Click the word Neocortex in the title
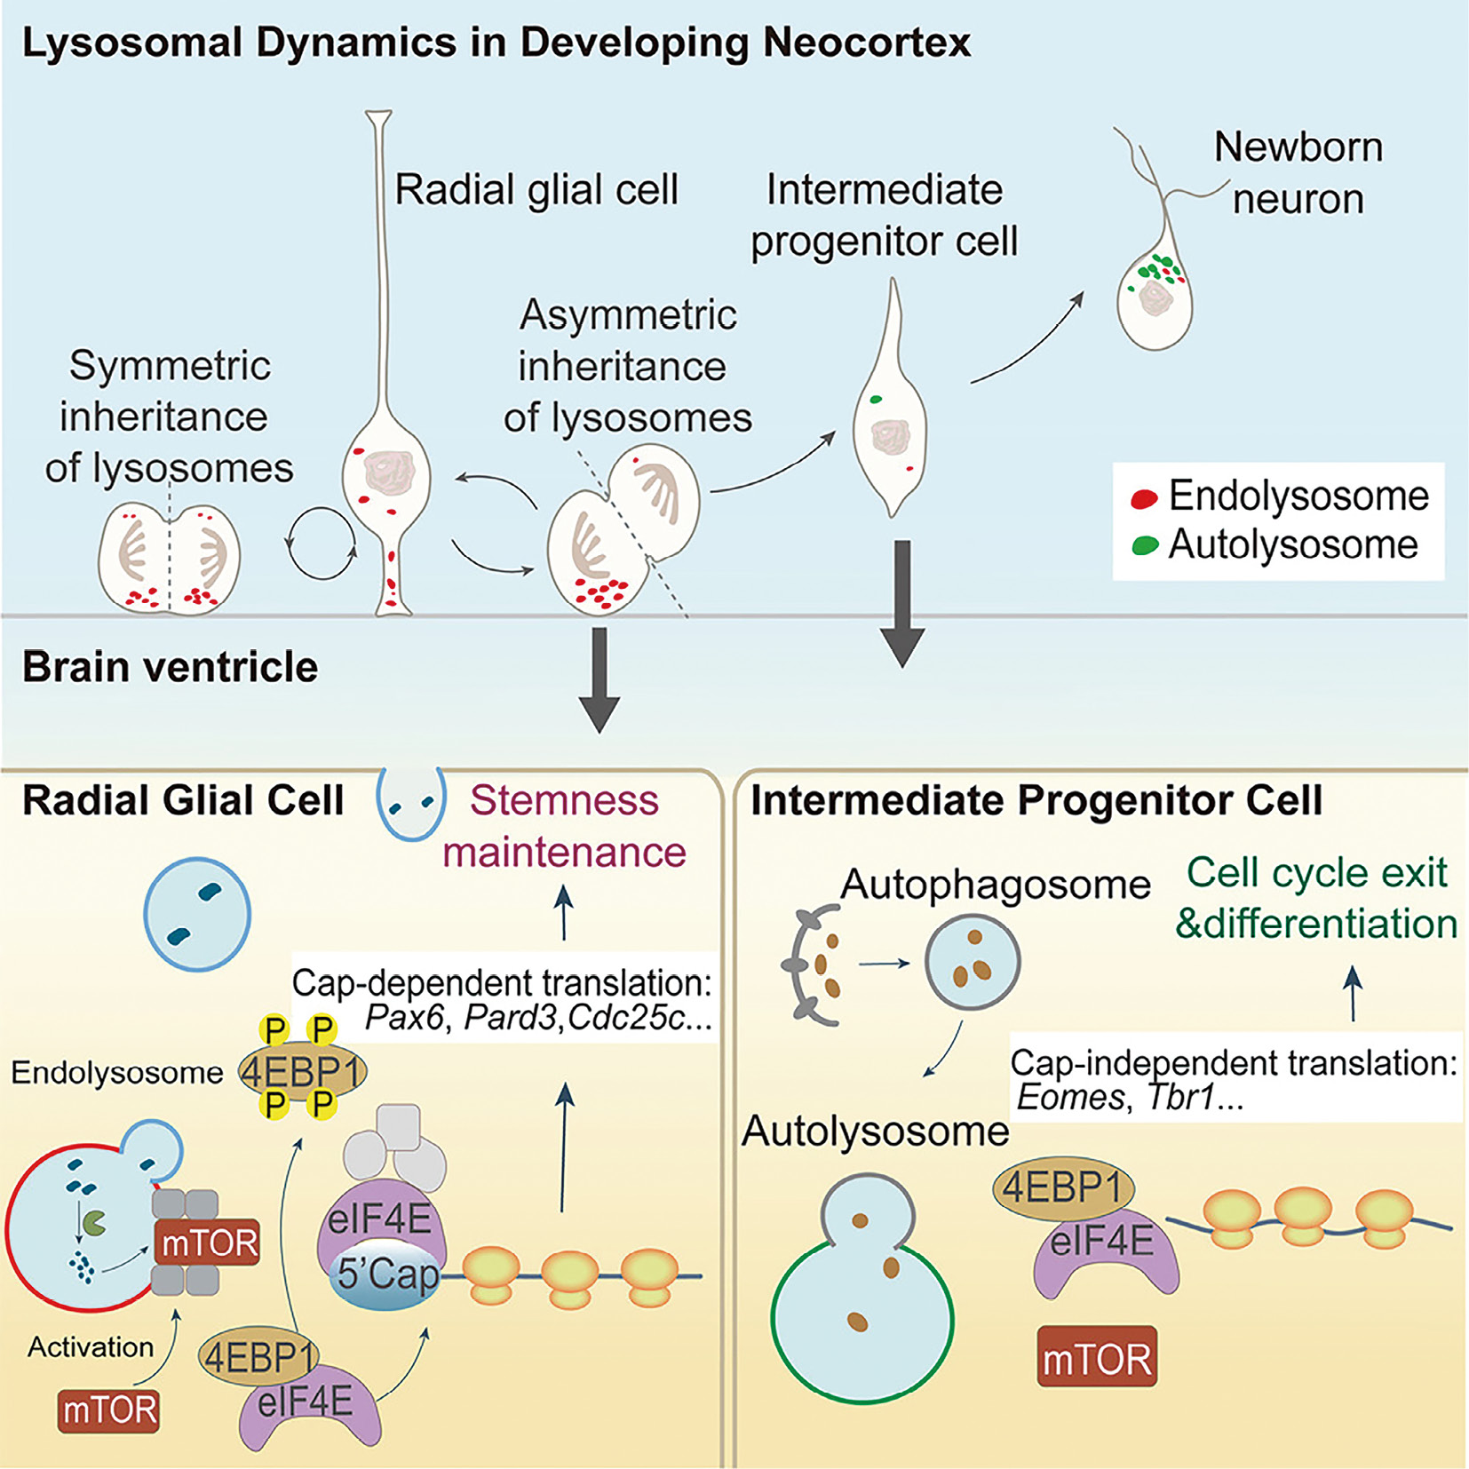tap(866, 43)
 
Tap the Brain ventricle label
tap(170, 667)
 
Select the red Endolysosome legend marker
tap(1144, 499)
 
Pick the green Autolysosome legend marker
tap(1145, 545)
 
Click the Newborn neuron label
tap(1298, 172)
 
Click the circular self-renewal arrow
tap(321, 544)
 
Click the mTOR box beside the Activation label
tap(109, 1410)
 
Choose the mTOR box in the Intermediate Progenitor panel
tap(1097, 1356)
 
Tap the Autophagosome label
tap(995, 885)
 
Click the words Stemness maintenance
tap(565, 826)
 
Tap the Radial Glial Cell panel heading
tap(183, 800)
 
